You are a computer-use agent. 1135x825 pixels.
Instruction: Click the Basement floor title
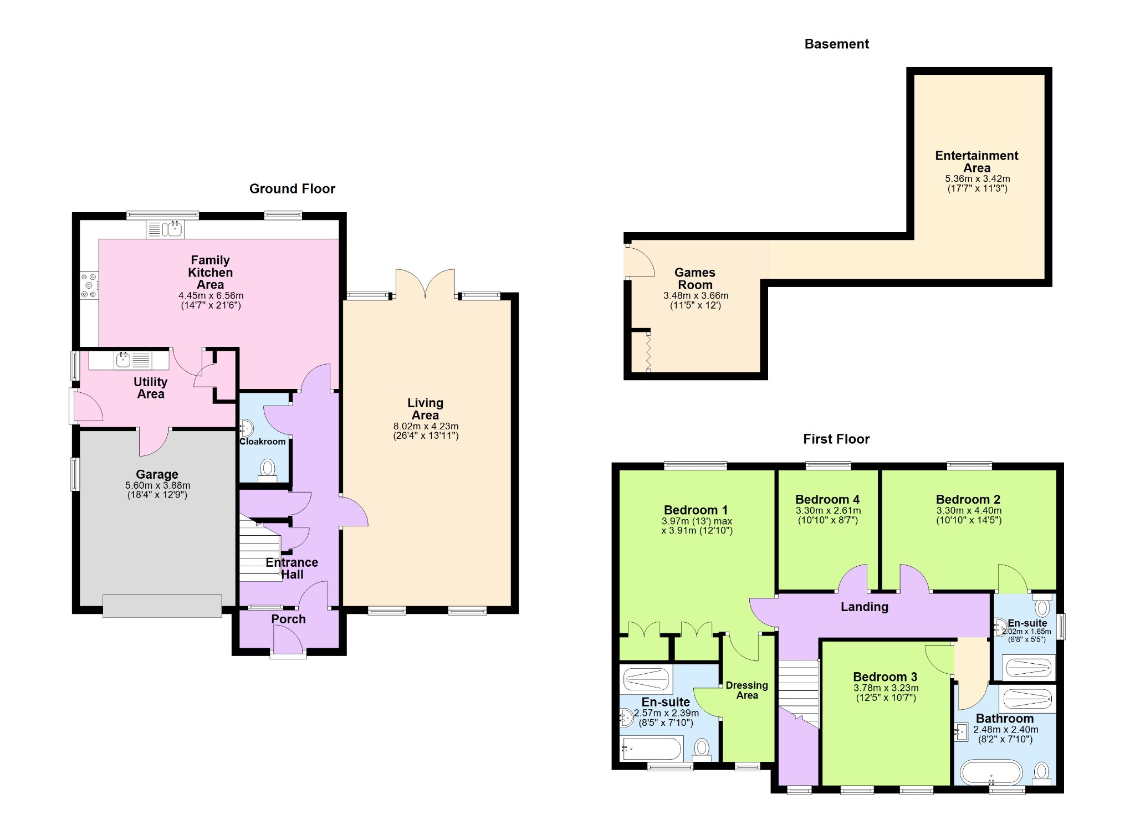tap(836, 44)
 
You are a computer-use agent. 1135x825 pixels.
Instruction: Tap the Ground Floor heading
tap(292, 189)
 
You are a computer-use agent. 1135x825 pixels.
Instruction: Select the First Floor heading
tap(836, 439)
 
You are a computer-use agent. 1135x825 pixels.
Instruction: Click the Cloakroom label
tap(263, 442)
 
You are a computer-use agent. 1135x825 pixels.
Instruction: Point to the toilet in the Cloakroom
tap(268, 471)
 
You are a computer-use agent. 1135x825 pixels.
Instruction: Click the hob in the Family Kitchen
tap(89, 285)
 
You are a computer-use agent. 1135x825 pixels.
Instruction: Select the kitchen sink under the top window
tap(165, 229)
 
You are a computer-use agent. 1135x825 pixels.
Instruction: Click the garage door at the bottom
tap(162, 606)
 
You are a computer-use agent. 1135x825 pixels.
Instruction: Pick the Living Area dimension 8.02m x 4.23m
tap(426, 427)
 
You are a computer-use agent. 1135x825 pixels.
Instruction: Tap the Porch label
tap(288, 619)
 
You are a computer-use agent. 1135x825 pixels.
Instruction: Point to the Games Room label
tap(695, 279)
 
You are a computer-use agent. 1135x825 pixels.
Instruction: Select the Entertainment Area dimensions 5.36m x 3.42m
tap(977, 179)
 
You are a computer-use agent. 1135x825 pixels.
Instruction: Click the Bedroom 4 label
tap(827, 500)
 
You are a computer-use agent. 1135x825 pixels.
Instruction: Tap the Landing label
tap(865, 607)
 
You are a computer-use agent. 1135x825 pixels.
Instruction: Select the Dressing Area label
tap(747, 690)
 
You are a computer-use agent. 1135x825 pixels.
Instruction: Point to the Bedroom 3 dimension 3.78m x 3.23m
tap(886, 688)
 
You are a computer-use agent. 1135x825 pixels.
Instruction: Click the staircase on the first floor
tap(799, 693)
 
